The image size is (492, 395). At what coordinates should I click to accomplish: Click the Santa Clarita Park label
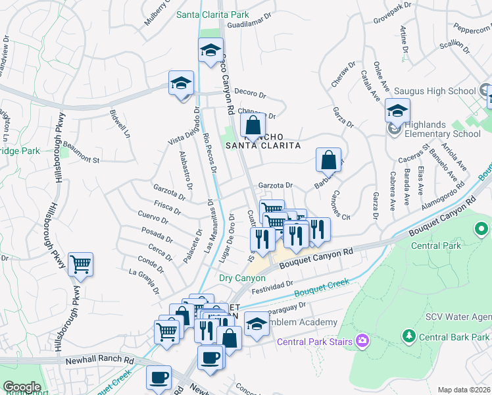212,14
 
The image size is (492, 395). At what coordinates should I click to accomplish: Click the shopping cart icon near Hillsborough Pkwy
80,265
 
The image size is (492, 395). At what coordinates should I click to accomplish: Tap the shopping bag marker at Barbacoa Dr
328,160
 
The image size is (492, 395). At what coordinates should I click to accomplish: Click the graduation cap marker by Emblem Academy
257,323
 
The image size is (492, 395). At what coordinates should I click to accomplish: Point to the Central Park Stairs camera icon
361,340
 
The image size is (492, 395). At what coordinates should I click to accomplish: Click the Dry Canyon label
242,278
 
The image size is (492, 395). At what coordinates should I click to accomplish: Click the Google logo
21,387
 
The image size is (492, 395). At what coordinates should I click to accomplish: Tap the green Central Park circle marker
481,230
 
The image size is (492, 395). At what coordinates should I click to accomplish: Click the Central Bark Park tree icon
408,337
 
